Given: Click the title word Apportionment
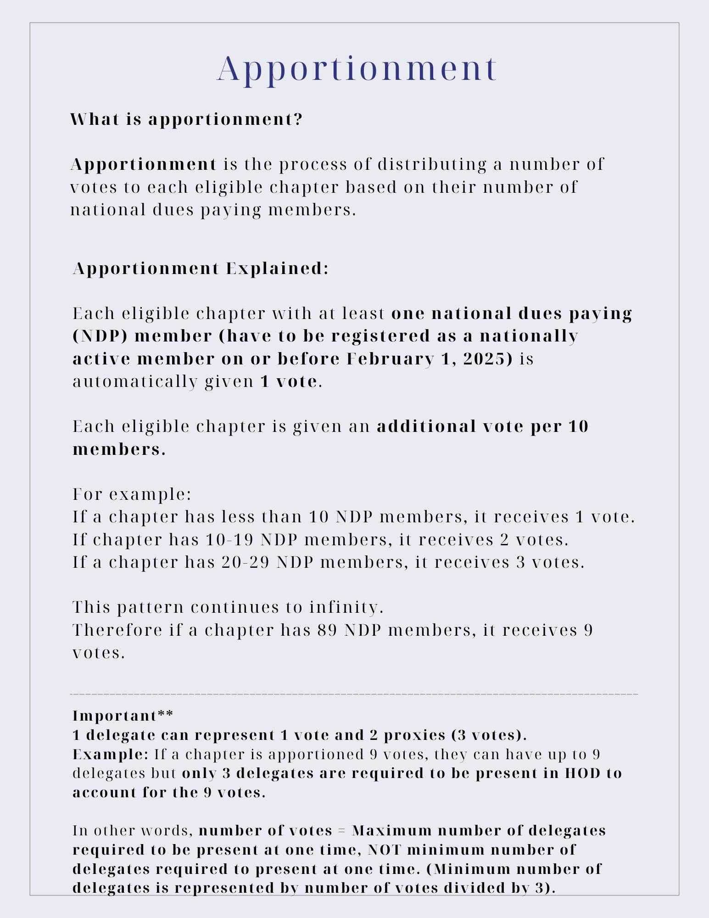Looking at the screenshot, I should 357,69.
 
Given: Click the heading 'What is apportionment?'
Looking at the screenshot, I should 186,119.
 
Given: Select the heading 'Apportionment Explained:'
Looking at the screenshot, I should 201,269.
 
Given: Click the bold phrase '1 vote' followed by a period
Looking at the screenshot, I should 289,381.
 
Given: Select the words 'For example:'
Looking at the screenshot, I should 132,494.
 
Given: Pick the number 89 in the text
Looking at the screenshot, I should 328,630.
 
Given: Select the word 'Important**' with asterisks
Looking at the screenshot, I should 123,716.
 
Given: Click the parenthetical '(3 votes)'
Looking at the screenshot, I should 487,735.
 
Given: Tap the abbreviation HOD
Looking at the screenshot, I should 582,773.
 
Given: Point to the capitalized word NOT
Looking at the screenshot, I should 385,850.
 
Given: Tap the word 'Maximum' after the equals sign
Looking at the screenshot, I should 391,830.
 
